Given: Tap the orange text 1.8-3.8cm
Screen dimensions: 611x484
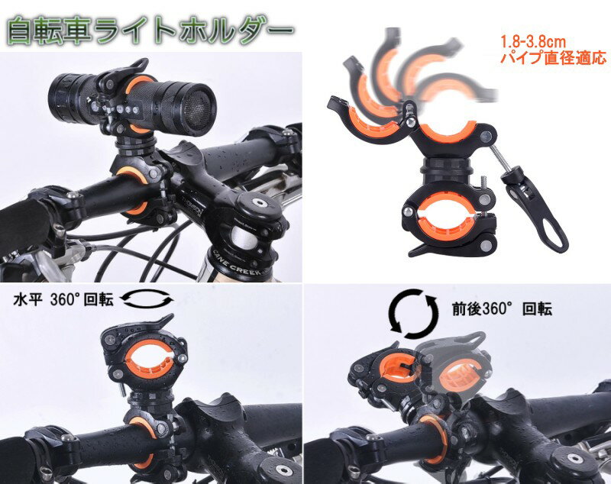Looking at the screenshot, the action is coord(532,42).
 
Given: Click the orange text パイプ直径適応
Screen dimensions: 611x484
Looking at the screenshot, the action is coord(553,57).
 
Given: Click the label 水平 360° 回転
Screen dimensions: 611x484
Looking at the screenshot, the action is coord(63,300).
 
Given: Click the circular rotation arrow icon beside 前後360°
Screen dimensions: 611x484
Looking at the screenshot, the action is coord(414,314).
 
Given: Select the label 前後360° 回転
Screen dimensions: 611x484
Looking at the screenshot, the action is coord(503,308).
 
